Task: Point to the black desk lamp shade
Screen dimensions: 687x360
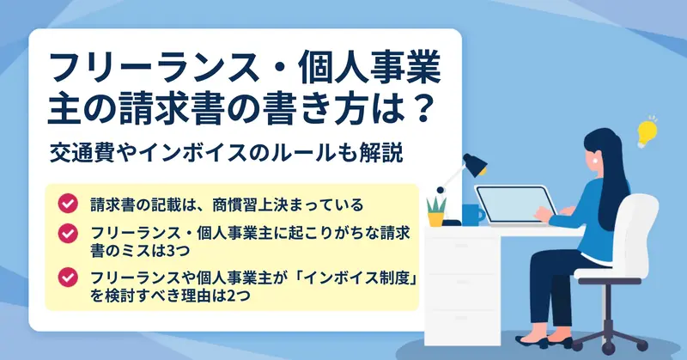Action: pyautogui.click(x=475, y=163)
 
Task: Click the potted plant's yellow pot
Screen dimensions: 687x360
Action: pyautogui.click(x=435, y=219)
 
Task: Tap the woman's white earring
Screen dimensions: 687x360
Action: pyautogui.click(x=594, y=160)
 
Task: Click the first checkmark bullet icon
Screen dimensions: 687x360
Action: pyautogui.click(x=68, y=204)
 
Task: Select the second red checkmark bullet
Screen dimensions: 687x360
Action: pyautogui.click(x=68, y=234)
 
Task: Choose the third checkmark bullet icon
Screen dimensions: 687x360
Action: pyautogui.click(x=68, y=278)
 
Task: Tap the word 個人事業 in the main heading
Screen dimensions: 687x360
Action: pyautogui.click(x=370, y=70)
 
